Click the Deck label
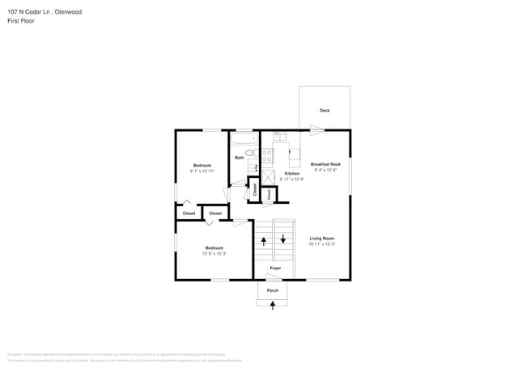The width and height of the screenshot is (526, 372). [x=325, y=111]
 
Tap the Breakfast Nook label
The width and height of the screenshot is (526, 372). [x=325, y=164]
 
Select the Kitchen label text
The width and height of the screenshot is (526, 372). [x=293, y=174]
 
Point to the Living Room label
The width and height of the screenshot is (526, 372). [x=322, y=238]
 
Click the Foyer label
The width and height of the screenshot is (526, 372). [x=275, y=267]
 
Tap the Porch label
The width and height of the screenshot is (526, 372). [x=273, y=290]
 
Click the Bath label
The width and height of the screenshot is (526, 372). [x=240, y=158]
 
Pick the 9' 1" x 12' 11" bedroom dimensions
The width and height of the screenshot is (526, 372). [x=202, y=171]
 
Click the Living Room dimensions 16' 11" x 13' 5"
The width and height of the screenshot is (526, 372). [x=322, y=243]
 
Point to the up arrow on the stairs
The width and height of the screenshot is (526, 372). [x=264, y=241]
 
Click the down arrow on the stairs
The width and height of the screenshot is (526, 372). [x=282, y=239]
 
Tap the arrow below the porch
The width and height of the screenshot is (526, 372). [x=273, y=304]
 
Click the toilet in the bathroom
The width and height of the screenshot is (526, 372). [x=250, y=152]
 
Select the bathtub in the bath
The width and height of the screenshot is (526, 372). [x=243, y=139]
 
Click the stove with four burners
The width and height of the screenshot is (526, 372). [x=267, y=154]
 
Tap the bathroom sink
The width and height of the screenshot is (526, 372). [x=252, y=167]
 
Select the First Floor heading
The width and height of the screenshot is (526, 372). [x=20, y=21]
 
